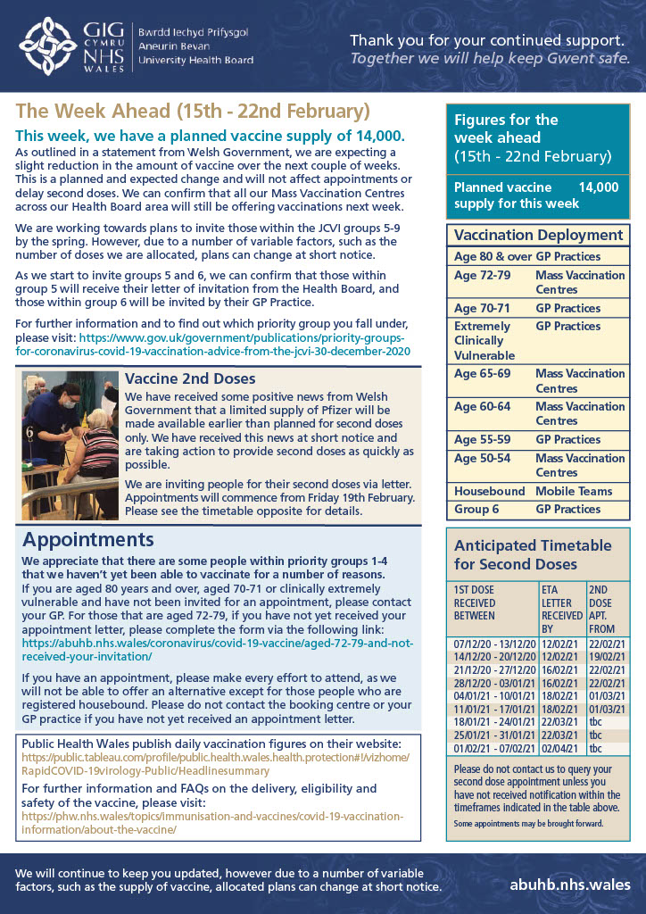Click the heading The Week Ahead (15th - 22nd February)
pyautogui.click(x=193, y=112)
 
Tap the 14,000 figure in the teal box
pyautogui.click(x=598, y=187)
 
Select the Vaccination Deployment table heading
pyautogui.click(x=539, y=236)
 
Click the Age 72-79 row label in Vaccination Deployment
pyautogui.click(x=483, y=275)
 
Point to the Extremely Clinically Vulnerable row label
pyautogui.click(x=483, y=340)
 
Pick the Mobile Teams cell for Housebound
pyautogui.click(x=574, y=491)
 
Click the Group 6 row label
pyautogui.click(x=477, y=509)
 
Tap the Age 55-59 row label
pyautogui.click(x=483, y=439)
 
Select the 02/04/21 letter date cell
pyautogui.click(x=562, y=748)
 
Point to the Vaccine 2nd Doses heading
pyautogui.click(x=190, y=379)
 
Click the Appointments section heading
pyautogui.click(x=88, y=540)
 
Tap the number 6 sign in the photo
pyautogui.click(x=29, y=432)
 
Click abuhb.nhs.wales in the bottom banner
pyautogui.click(x=570, y=885)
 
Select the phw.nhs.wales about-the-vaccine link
pyautogui.click(x=212, y=823)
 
